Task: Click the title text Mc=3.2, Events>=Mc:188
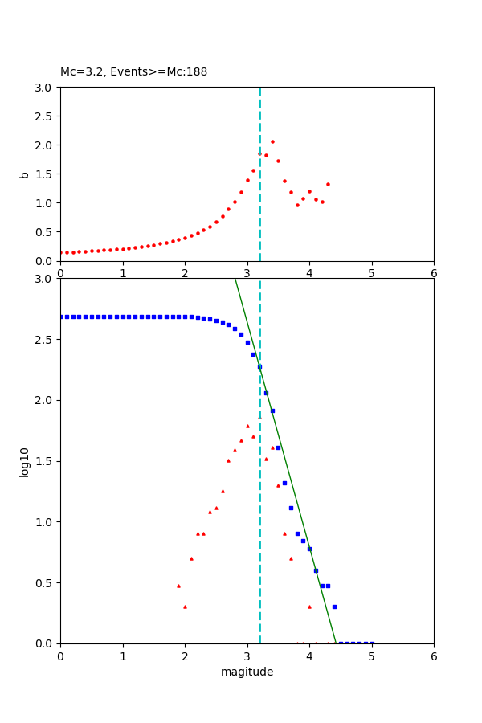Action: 133,72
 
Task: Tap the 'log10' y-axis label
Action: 25,462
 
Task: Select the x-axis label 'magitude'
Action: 247,672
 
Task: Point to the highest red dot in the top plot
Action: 272,141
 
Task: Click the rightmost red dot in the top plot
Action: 328,184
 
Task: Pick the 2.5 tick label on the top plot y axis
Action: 45,116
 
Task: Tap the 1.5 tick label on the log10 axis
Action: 45,461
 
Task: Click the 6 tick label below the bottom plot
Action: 434,656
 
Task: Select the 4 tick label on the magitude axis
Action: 309,656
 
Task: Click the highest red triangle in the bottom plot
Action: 247,426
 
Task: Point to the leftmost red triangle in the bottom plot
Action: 178,586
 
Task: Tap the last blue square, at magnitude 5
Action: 372,643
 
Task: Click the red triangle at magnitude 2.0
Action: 185,607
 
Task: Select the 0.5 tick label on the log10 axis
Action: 45,583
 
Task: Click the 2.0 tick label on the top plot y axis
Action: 45,145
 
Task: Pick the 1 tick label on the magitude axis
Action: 123,656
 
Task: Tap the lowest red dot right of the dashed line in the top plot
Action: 297,205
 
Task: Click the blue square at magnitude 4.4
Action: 334,607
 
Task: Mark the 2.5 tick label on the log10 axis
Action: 45,340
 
